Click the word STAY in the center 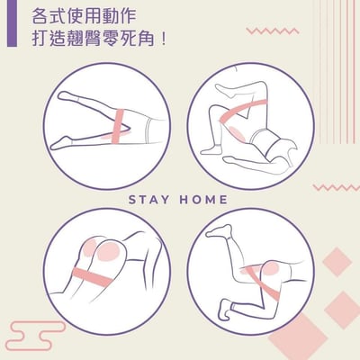(148, 200)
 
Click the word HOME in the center (203, 200)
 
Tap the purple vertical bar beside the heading (12, 23)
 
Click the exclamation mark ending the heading (164, 40)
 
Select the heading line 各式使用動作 (84, 16)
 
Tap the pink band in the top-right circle (244, 111)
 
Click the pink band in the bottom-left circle (93, 276)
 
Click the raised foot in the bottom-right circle (219, 231)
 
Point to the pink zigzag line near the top (273, 31)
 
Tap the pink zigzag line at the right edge (337, 188)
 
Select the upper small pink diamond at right (337, 262)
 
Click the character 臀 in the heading (94, 40)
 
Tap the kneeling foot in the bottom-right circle (225, 308)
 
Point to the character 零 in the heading (111, 40)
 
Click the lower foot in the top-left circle (61, 143)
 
